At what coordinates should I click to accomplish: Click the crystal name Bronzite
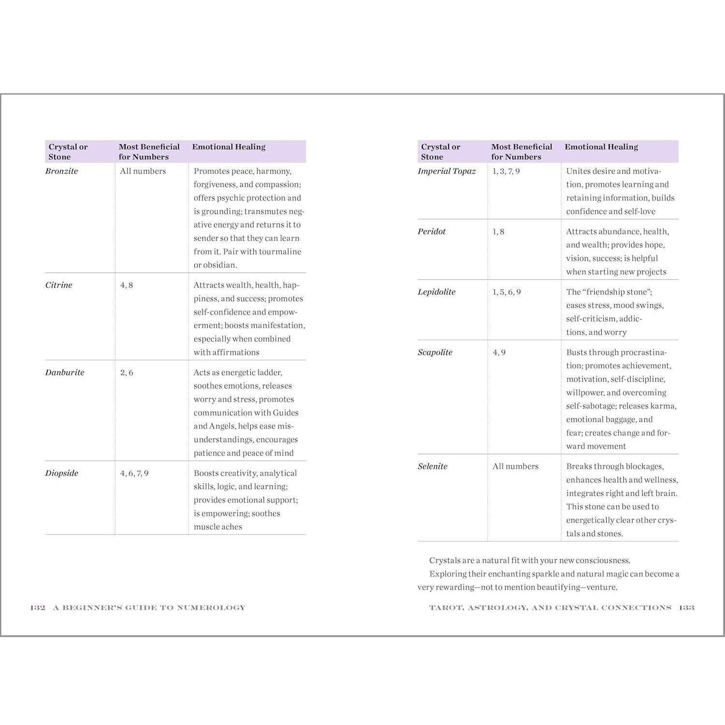pos(62,171)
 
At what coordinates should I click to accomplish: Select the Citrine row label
pos(59,285)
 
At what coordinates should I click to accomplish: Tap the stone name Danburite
pos(65,372)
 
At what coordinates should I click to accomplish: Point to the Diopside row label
pos(62,473)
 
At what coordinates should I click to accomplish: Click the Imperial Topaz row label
pos(447,171)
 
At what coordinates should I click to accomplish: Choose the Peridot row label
pos(431,231)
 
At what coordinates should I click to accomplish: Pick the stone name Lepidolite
pos(437,292)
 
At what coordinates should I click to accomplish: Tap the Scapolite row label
pos(435,352)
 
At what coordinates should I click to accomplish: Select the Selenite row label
pos(432,466)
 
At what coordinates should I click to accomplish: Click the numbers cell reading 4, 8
pos(126,285)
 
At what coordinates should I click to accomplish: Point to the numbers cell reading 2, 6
pos(126,372)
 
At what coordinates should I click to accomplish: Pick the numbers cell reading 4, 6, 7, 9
pos(134,473)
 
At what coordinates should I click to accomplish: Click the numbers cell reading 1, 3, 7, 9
pos(506,171)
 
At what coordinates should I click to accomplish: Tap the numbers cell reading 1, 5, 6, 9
pos(507,292)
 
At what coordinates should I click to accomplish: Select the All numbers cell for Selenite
pos(515,466)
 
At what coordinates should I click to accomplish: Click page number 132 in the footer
pos(38,608)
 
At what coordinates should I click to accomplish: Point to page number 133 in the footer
pos(686,608)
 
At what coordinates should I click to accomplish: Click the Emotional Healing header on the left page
pos(229,147)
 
